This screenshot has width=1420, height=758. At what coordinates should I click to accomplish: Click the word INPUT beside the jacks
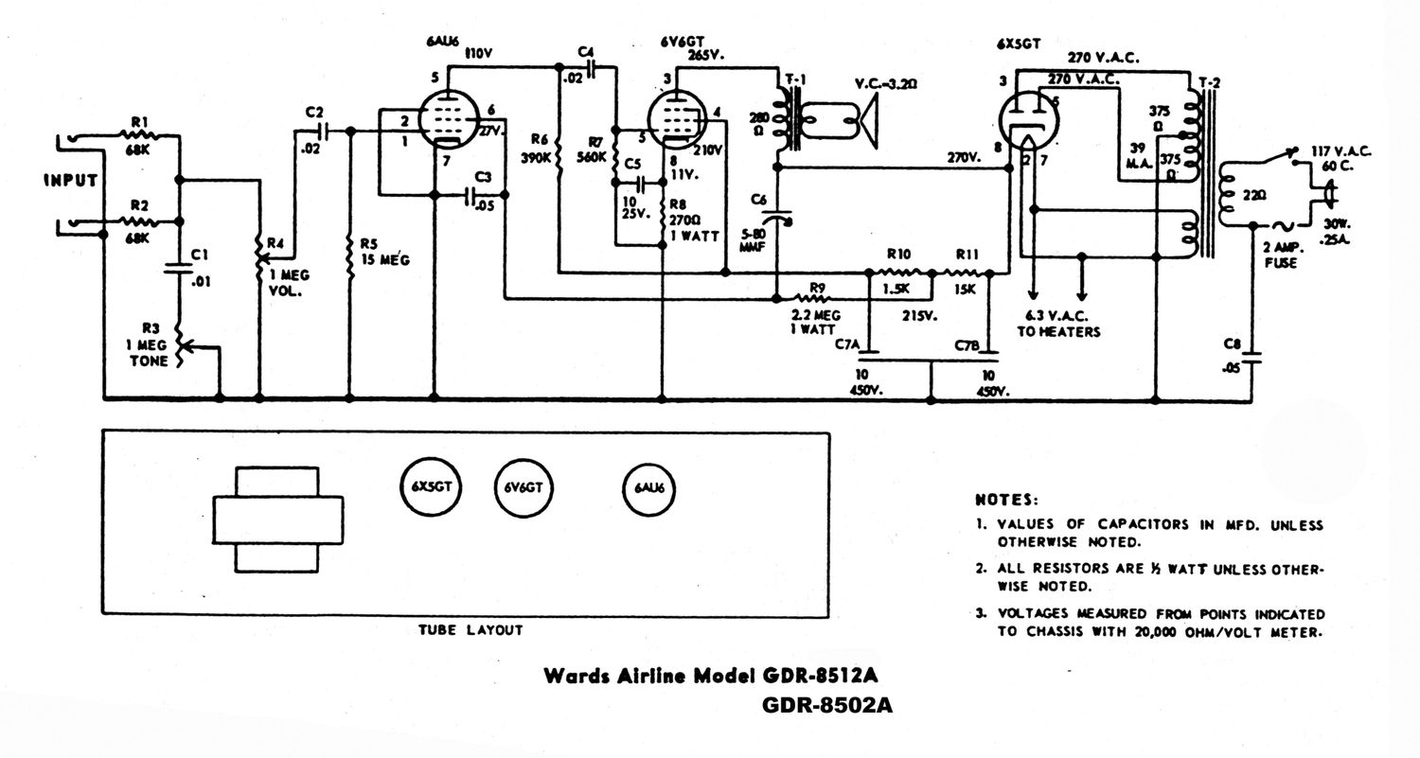click(70, 181)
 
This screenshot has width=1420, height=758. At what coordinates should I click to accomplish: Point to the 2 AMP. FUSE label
click(1283, 256)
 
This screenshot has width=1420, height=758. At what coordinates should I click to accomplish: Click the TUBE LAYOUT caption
click(470, 628)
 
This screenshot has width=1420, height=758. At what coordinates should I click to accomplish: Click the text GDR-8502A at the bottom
click(826, 706)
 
